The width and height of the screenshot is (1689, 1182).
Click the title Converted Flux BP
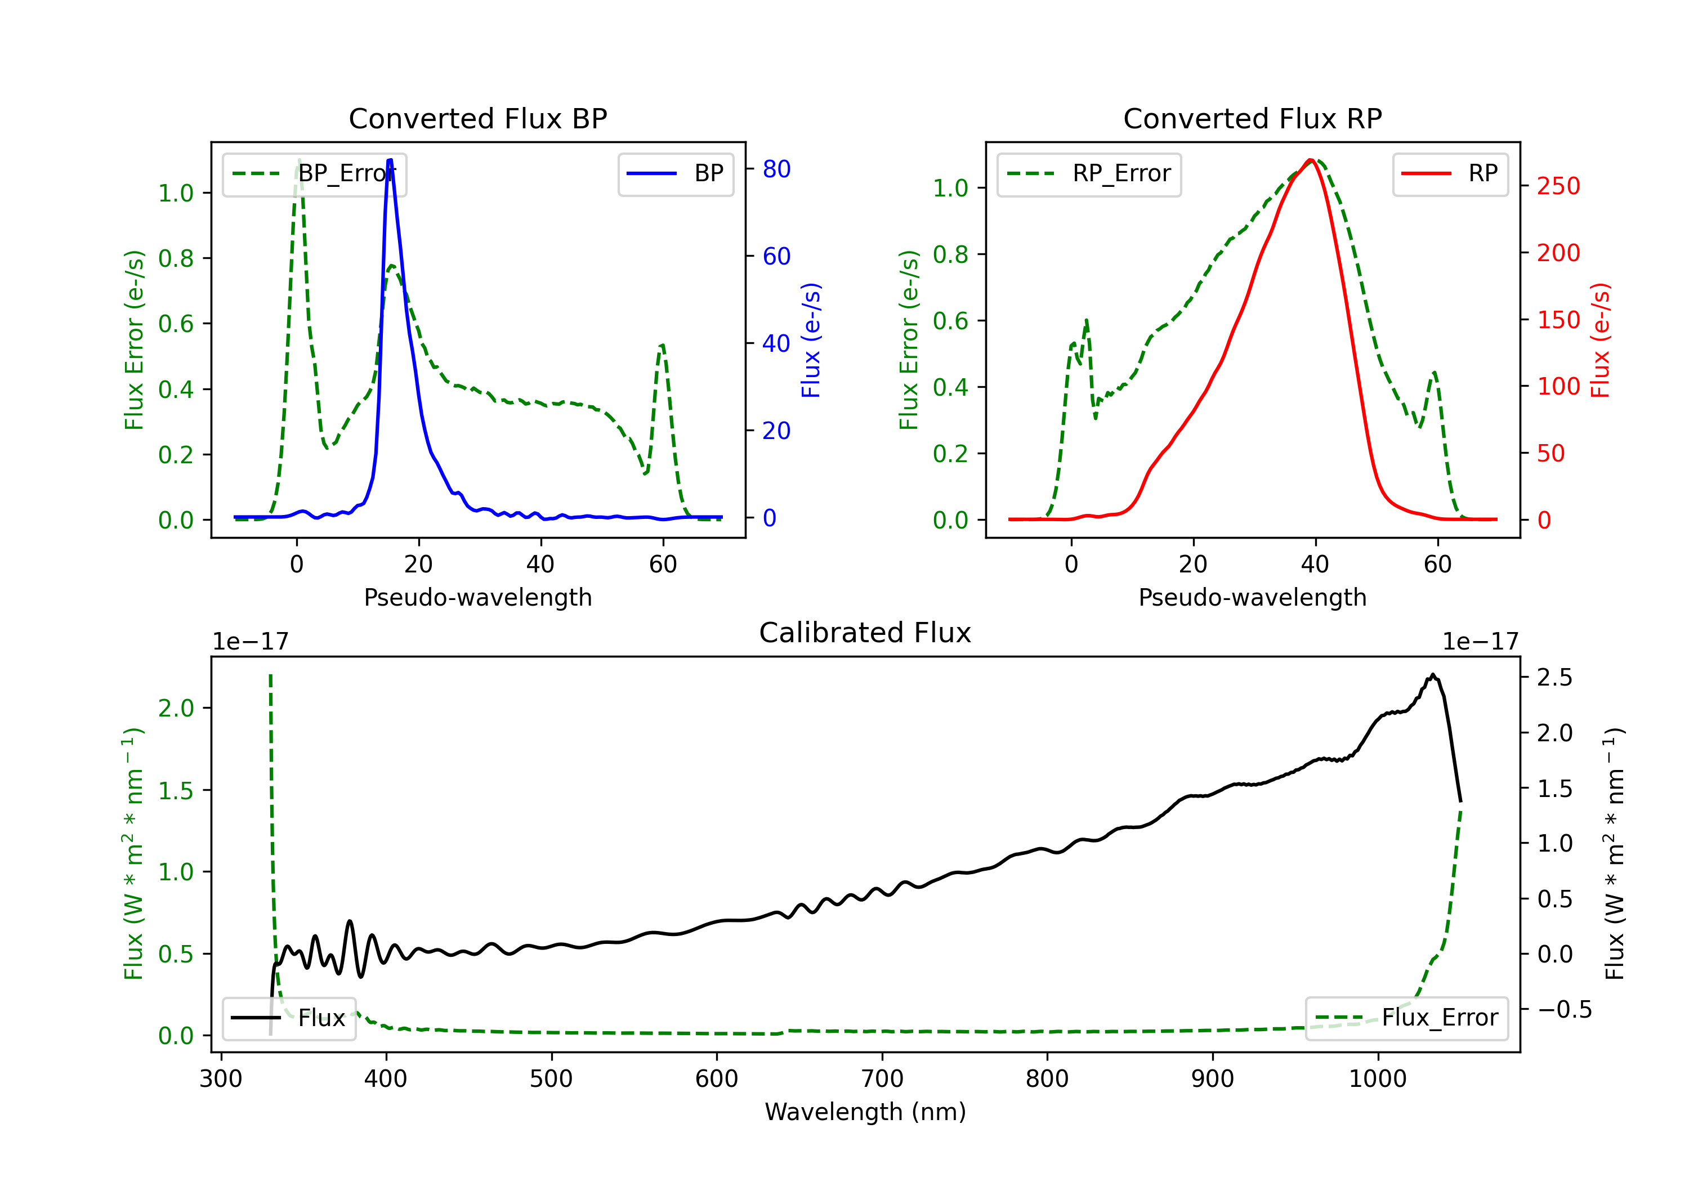tap(477, 118)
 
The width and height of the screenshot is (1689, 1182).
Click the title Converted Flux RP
tap(1252, 118)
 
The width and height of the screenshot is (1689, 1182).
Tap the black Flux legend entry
tap(289, 1018)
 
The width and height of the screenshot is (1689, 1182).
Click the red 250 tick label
tap(1558, 186)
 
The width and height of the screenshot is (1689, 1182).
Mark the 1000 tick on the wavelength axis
tap(1377, 1079)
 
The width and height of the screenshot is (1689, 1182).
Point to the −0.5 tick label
tap(1564, 1010)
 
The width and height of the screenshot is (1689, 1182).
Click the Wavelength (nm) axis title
tap(865, 1112)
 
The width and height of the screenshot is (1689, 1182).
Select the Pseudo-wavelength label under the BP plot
tap(477, 597)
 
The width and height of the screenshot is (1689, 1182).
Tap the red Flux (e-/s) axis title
tap(1600, 340)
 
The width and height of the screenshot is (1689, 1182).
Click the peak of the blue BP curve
tap(390, 160)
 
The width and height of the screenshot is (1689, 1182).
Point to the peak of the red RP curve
tap(1311, 160)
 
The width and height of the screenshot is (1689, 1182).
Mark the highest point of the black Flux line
tap(1432, 674)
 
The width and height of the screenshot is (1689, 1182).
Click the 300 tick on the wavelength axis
tap(221, 1079)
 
